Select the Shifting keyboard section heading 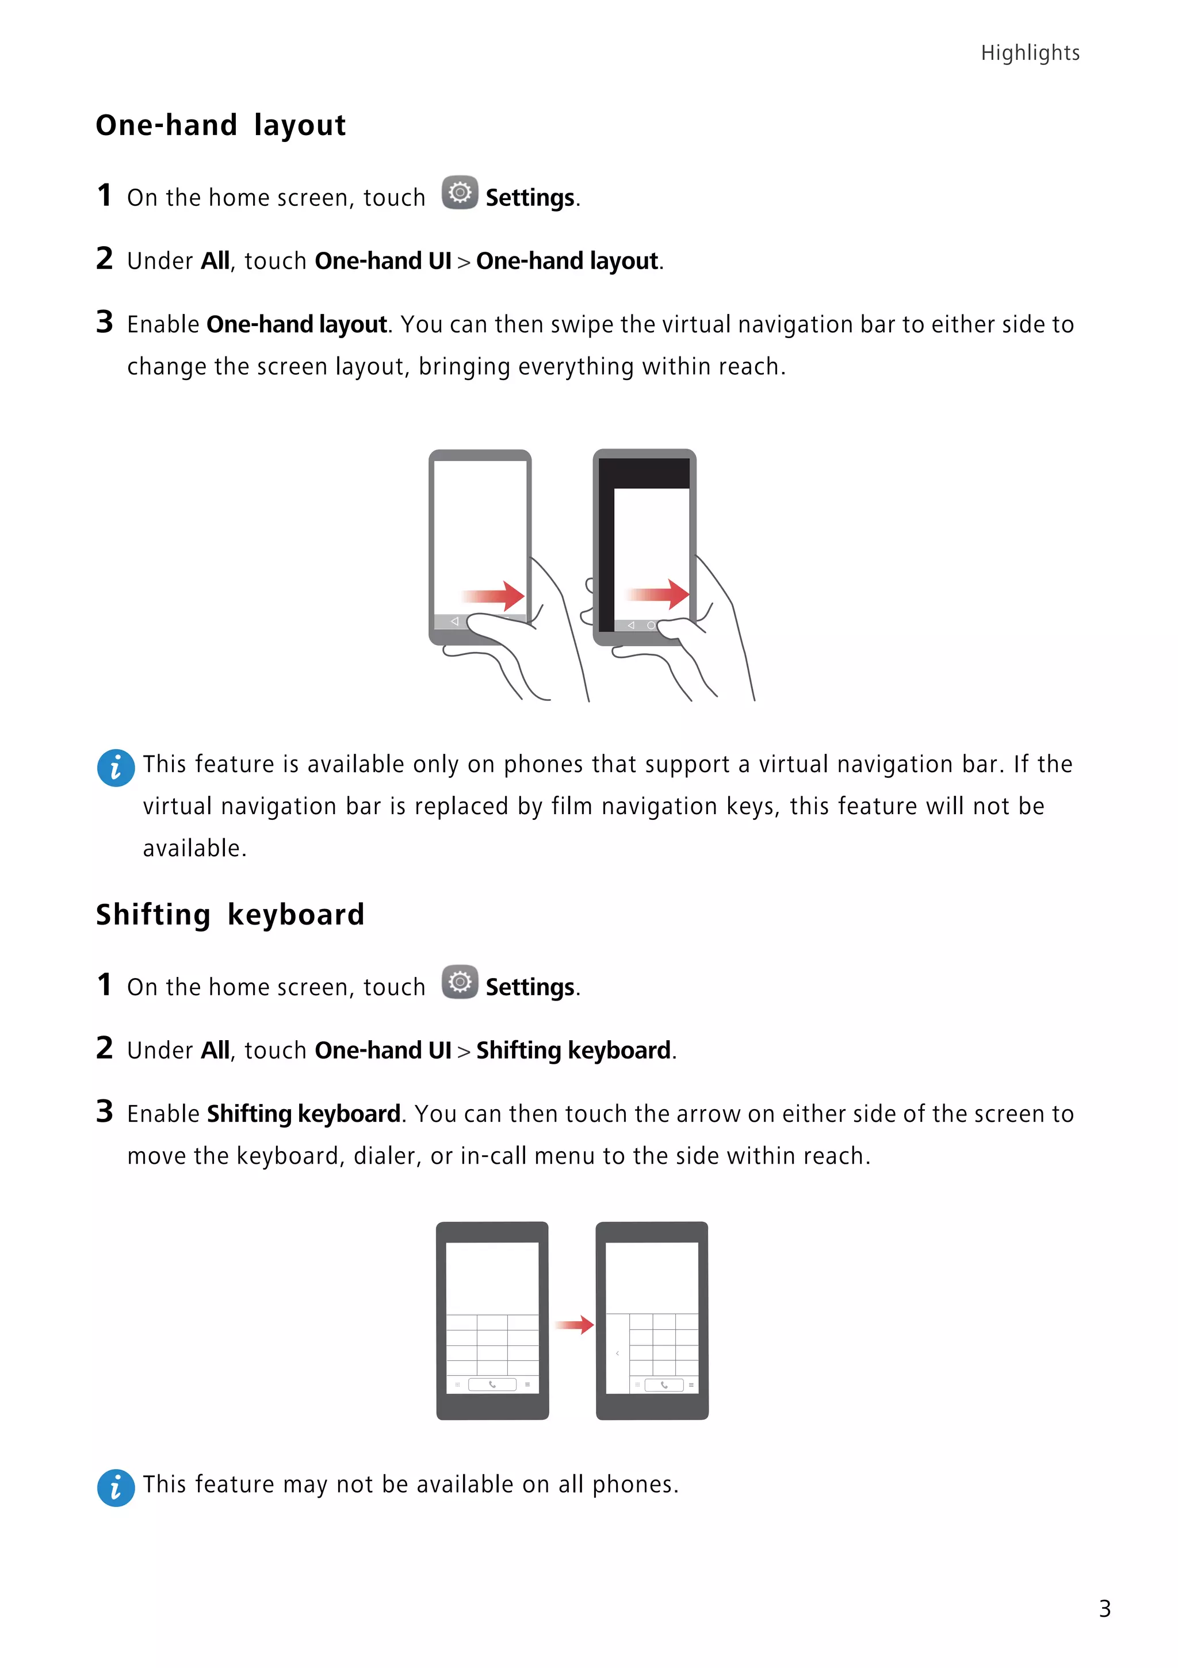click(x=230, y=915)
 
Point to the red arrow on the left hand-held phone click(x=494, y=596)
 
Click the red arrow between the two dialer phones click(x=575, y=1324)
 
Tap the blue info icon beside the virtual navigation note click(x=116, y=768)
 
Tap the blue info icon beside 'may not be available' click(x=116, y=1488)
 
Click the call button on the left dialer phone click(x=492, y=1385)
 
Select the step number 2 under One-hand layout click(x=105, y=259)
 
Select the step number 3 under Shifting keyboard click(x=105, y=1111)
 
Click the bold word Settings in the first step click(x=530, y=198)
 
